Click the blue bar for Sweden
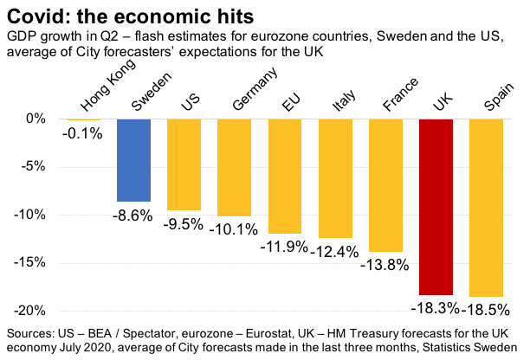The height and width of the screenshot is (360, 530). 134,160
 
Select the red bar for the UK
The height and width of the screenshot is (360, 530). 436,207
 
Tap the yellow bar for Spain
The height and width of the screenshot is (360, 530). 486,208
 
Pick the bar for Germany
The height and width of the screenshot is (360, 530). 235,167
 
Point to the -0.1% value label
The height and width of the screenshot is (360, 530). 82,133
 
